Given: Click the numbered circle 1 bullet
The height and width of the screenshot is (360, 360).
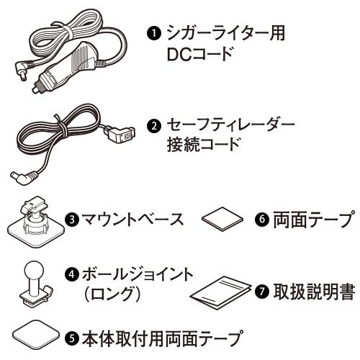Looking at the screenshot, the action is click(154, 33).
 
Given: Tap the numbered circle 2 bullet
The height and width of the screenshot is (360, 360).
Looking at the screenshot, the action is click(154, 126).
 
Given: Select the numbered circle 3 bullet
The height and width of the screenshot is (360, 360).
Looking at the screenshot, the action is click(72, 220).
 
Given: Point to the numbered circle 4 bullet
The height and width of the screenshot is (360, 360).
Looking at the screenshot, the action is click(72, 274).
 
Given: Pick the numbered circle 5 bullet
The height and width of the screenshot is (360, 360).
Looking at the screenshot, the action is click(72, 338).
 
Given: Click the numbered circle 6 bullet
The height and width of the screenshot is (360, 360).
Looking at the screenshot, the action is click(262, 219).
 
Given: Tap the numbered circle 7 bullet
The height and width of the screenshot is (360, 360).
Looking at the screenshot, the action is click(262, 291).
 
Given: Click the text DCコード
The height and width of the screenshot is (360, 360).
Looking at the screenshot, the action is click(199, 54).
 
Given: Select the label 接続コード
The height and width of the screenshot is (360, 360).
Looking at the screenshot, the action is click(203, 144).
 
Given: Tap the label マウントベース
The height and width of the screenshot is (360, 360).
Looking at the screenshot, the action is click(132, 220).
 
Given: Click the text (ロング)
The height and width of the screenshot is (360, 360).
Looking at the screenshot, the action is click(112, 294).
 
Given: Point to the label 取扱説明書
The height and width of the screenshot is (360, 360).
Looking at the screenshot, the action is click(314, 292).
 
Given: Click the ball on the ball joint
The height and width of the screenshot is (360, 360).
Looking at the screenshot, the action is click(35, 271).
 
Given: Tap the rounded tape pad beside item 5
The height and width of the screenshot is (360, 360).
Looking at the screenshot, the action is click(36, 334).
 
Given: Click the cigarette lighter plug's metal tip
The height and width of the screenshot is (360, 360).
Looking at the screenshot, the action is click(37, 90).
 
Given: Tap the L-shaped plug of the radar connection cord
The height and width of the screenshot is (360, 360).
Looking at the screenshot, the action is click(24, 178).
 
